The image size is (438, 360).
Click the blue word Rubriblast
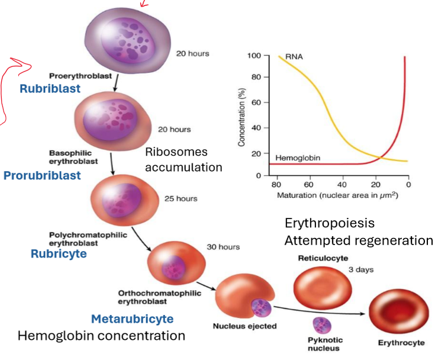49,89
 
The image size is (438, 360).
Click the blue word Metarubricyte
132,319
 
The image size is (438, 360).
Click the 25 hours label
181,199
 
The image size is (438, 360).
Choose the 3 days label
361,269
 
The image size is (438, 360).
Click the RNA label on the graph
294,57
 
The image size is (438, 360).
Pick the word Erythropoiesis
329,223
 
